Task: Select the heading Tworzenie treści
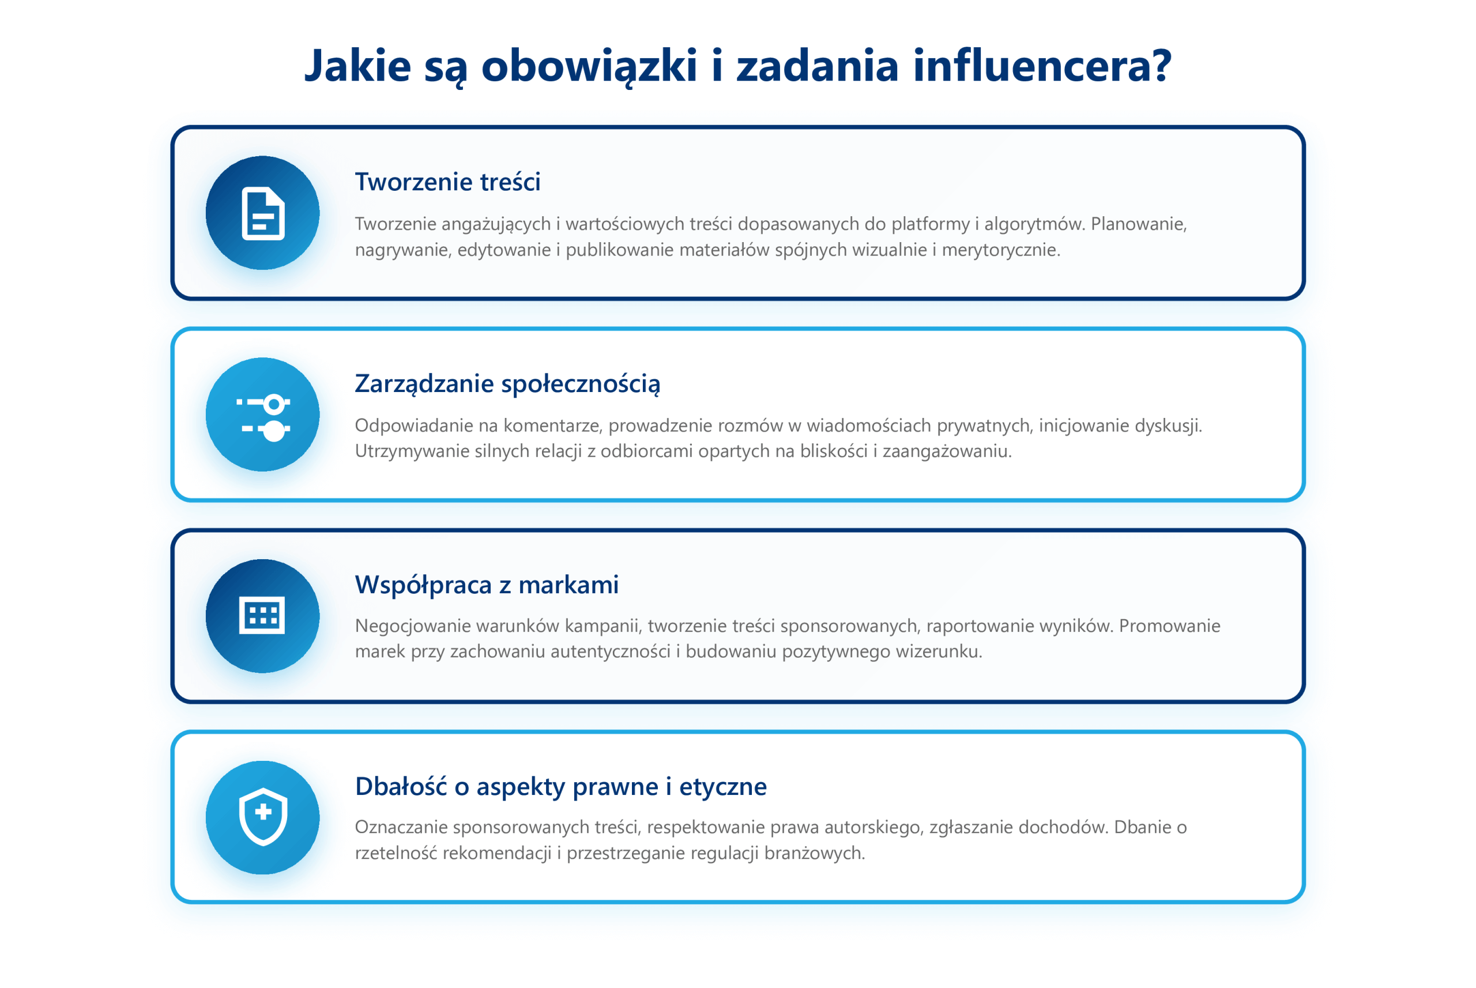(x=447, y=182)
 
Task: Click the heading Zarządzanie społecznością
(x=507, y=384)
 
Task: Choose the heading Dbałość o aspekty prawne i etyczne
(x=561, y=787)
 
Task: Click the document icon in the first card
(x=263, y=214)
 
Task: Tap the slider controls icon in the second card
(x=263, y=415)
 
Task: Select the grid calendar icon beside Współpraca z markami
(x=262, y=616)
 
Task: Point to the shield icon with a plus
(x=263, y=817)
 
